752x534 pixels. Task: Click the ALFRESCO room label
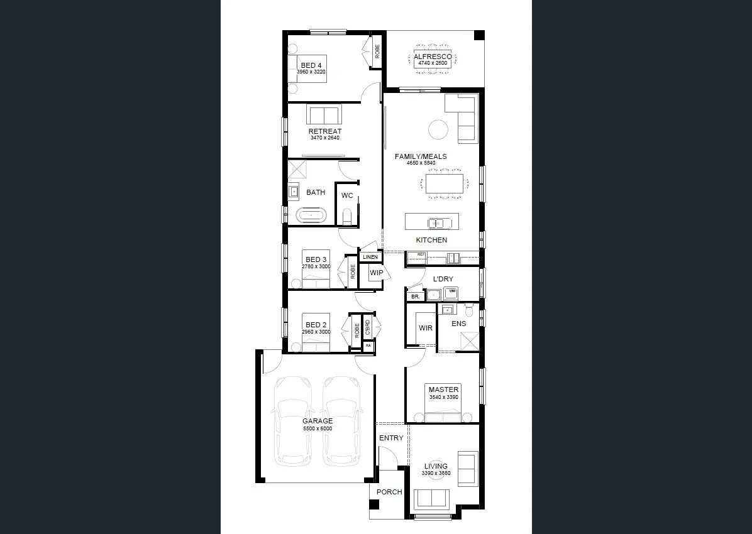[x=432, y=57]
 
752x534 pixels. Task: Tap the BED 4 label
[x=311, y=65]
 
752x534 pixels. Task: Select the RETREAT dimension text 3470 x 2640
[x=324, y=138]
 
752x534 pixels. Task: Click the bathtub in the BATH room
[x=311, y=215]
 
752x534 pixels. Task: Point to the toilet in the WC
[x=346, y=217]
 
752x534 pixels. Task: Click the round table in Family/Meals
[x=438, y=130]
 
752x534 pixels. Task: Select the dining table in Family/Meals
[x=445, y=183]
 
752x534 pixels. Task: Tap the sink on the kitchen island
[x=436, y=222]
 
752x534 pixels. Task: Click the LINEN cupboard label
[x=370, y=257]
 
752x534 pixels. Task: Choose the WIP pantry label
[x=376, y=273]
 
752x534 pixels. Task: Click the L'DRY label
[x=443, y=279]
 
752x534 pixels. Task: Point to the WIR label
[x=426, y=328]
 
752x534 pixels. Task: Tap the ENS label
[x=459, y=324]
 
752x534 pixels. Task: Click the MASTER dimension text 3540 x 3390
[x=444, y=397]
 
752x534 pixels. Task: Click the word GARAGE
[x=318, y=421]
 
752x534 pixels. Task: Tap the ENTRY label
[x=391, y=438]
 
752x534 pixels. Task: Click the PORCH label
[x=389, y=492]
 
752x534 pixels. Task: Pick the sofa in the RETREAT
[x=324, y=115]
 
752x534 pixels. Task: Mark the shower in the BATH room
[x=297, y=169]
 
